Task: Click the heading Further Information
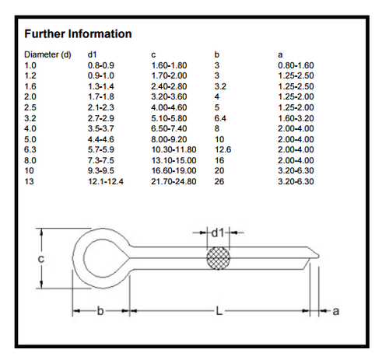pyautogui.click(x=78, y=34)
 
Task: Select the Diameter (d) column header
pyautogui.click(x=47, y=54)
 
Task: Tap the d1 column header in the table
pyautogui.click(x=92, y=54)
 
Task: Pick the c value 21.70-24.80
pyautogui.click(x=173, y=180)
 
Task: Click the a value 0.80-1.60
pyautogui.click(x=295, y=65)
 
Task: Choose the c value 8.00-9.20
pyautogui.click(x=170, y=138)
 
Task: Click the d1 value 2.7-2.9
pyautogui.click(x=100, y=117)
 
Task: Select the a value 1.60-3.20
pyautogui.click(x=295, y=117)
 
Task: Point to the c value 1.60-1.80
pyautogui.click(x=170, y=65)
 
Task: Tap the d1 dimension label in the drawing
pyautogui.click(x=218, y=231)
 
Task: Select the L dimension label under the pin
pyautogui.click(x=219, y=311)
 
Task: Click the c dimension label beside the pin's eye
pyautogui.click(x=40, y=257)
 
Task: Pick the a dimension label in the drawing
pyautogui.click(x=336, y=311)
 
